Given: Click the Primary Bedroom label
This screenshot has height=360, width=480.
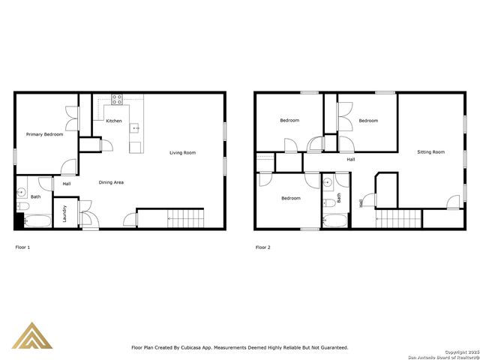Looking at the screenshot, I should (44, 134).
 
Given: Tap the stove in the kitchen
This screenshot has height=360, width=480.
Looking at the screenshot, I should (118, 98).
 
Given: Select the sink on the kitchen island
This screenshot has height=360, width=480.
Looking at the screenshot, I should (136, 128).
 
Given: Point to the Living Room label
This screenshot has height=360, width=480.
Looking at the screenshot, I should (182, 153).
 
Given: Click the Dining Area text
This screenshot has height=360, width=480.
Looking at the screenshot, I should (112, 182).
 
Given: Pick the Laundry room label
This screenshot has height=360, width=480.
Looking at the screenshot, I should (64, 214).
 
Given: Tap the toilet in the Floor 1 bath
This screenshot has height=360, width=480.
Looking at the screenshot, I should (22, 205).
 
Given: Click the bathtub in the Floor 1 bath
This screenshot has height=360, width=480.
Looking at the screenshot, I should (36, 221).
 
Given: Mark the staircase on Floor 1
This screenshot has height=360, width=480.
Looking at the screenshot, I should (185, 219).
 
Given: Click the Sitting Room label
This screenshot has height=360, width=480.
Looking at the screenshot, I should (430, 152).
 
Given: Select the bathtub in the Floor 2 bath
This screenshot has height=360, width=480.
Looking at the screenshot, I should (335, 221).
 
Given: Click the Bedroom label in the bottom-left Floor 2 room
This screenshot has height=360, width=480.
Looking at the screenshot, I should (291, 198).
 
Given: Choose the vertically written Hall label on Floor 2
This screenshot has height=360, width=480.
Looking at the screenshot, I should (364, 201).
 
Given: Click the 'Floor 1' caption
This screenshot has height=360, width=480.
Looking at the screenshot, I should (23, 247).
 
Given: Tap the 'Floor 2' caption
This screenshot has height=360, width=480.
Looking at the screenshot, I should (262, 247).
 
